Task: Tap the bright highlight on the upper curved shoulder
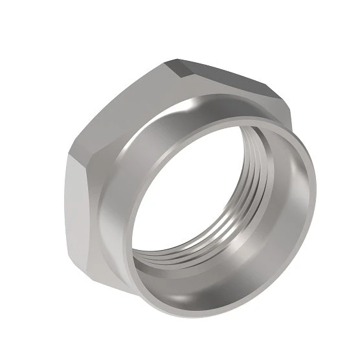pos(194,107)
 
